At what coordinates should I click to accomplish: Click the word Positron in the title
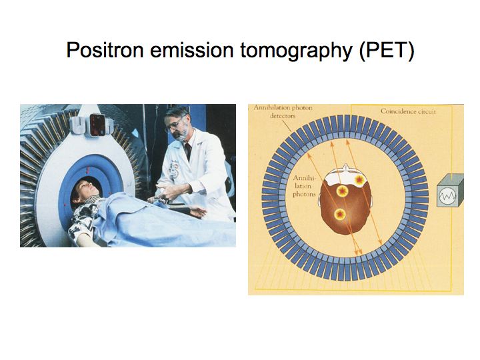pyautogui.click(x=105, y=50)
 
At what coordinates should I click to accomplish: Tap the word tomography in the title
pyautogui.click(x=296, y=51)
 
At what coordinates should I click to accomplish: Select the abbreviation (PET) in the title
pyautogui.click(x=387, y=51)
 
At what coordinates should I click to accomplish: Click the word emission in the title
pyautogui.click(x=192, y=50)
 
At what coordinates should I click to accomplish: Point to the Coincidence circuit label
pyautogui.click(x=408, y=111)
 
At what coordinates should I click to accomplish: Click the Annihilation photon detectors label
pyautogui.click(x=283, y=112)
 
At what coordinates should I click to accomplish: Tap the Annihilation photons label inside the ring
pyautogui.click(x=304, y=186)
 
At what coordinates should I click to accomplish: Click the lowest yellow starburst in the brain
pyautogui.click(x=340, y=214)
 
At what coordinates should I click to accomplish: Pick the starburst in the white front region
pyautogui.click(x=359, y=180)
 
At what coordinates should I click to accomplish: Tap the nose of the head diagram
pyautogui.click(x=345, y=167)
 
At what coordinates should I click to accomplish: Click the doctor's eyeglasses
pyautogui.click(x=174, y=124)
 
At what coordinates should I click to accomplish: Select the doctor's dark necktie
pyautogui.click(x=187, y=151)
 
